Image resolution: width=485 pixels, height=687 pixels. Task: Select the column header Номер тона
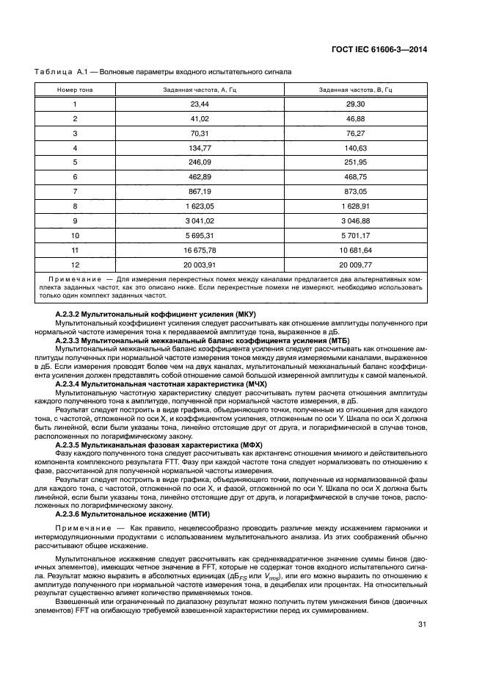click(x=75, y=90)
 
